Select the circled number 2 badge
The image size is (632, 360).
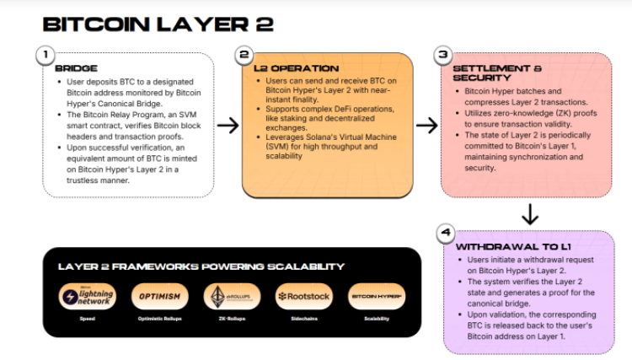(x=244, y=56)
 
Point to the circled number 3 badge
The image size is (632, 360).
(x=444, y=56)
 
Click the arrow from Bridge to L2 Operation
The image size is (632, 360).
(x=228, y=126)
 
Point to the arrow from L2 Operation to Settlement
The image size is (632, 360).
(x=427, y=126)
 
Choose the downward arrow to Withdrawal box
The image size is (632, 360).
(x=529, y=213)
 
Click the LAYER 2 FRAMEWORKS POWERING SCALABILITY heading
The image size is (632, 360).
(x=201, y=266)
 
